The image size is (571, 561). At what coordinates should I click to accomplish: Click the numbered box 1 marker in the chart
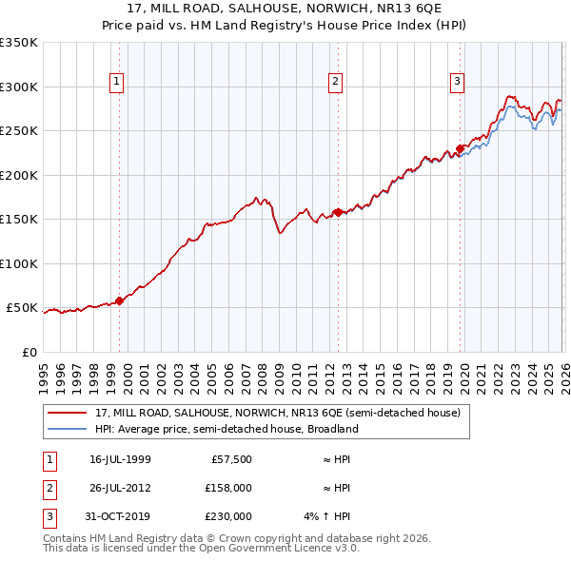tap(116, 83)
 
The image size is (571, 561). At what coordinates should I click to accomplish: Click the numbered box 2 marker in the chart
tap(336, 83)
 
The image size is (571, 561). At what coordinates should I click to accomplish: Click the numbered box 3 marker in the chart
tap(458, 83)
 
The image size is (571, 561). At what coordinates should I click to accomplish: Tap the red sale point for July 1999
tap(120, 301)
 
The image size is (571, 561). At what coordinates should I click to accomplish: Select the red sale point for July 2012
tap(338, 213)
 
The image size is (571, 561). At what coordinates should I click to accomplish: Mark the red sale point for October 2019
tap(460, 148)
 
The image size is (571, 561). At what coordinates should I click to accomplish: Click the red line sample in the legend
tap(68, 413)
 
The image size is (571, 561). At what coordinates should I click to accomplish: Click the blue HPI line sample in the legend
tap(68, 429)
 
